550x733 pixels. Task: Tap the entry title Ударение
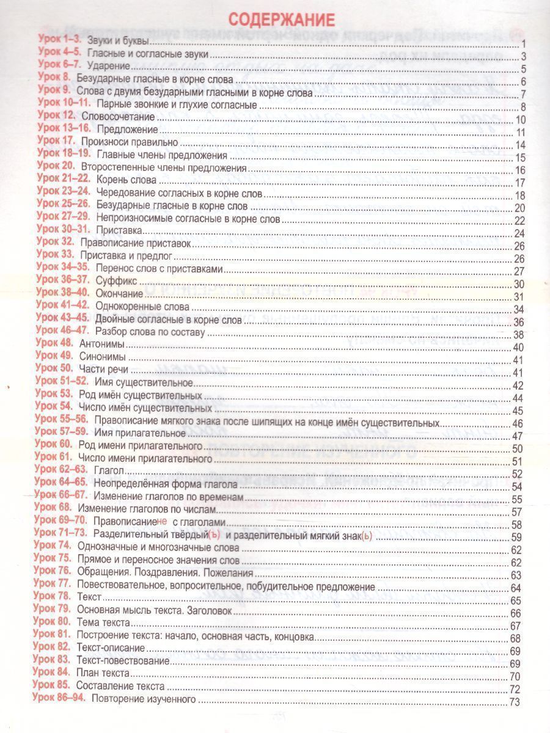(x=109, y=65)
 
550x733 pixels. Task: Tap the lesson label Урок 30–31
(x=63, y=230)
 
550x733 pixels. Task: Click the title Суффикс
(x=116, y=282)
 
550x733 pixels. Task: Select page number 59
(x=516, y=538)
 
